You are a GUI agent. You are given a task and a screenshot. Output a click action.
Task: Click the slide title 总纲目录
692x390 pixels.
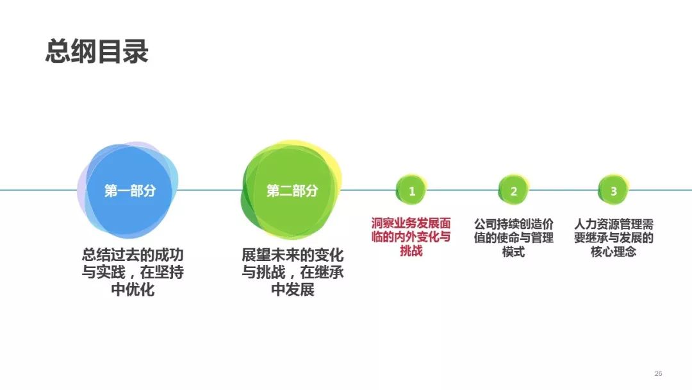(x=97, y=52)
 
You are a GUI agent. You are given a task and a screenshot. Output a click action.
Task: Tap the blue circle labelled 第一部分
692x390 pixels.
(x=128, y=190)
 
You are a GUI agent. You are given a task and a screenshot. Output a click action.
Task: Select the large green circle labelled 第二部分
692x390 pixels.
(x=292, y=190)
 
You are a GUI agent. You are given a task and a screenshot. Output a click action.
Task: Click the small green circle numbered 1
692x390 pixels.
(x=412, y=191)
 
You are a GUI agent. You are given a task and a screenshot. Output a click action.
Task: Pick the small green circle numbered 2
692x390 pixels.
(x=514, y=191)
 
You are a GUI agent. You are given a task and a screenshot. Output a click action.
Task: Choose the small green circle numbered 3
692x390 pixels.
(x=613, y=191)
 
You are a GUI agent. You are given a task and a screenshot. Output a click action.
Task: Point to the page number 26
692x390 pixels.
(x=658, y=374)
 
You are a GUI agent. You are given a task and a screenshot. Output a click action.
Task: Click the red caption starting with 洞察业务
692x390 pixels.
(x=411, y=237)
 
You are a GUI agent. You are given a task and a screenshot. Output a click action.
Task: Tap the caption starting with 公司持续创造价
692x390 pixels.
(x=514, y=237)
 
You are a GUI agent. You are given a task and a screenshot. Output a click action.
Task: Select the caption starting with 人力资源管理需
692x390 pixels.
(x=613, y=237)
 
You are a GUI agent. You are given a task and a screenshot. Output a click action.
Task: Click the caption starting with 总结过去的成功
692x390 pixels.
(x=133, y=272)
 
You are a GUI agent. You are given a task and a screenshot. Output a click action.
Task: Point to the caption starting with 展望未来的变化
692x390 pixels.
(x=292, y=272)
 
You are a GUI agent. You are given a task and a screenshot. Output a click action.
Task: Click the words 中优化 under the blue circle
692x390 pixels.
(x=133, y=290)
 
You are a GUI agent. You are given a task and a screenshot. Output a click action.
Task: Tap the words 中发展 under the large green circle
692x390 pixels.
(x=293, y=290)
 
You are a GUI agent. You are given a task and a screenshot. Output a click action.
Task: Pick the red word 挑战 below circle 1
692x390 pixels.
(x=411, y=251)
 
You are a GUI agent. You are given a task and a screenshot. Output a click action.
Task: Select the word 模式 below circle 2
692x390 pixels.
(x=514, y=251)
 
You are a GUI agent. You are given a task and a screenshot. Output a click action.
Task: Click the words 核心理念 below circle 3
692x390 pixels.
(x=613, y=251)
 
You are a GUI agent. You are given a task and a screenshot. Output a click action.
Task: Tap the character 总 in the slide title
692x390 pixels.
(x=58, y=52)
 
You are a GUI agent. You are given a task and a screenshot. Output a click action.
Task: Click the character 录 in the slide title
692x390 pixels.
(x=135, y=52)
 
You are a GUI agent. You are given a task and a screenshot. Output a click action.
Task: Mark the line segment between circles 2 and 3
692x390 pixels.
(x=564, y=191)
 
